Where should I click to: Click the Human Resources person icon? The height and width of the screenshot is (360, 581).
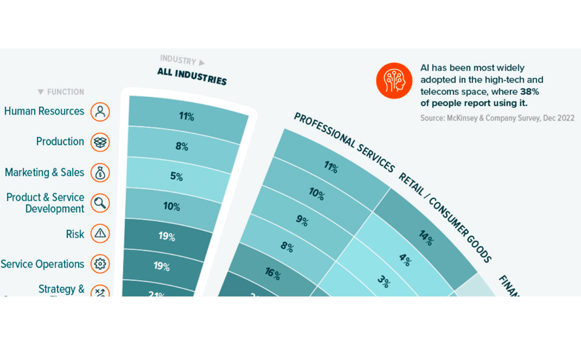point(100,111)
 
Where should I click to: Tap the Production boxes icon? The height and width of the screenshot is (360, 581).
point(100,142)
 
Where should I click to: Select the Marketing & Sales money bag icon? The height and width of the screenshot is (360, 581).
point(100,173)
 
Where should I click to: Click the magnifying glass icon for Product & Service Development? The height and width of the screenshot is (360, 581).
point(100,203)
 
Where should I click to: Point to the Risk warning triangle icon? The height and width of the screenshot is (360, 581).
point(100,234)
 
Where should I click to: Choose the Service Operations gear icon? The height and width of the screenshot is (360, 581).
point(100,264)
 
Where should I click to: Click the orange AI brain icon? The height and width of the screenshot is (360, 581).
point(395,81)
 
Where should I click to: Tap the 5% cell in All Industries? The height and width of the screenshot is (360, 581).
point(175,176)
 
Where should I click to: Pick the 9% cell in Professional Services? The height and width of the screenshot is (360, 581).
point(302,220)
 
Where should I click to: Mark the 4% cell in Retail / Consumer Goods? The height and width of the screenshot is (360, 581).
point(405,261)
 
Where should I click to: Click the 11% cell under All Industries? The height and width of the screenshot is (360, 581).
point(186,117)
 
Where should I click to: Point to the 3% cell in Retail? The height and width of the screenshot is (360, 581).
point(384,282)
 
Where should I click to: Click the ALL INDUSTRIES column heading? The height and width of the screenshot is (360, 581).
point(192,77)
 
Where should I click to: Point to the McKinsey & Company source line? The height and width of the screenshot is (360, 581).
point(497,118)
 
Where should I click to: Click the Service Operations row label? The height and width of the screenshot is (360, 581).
point(43,264)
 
